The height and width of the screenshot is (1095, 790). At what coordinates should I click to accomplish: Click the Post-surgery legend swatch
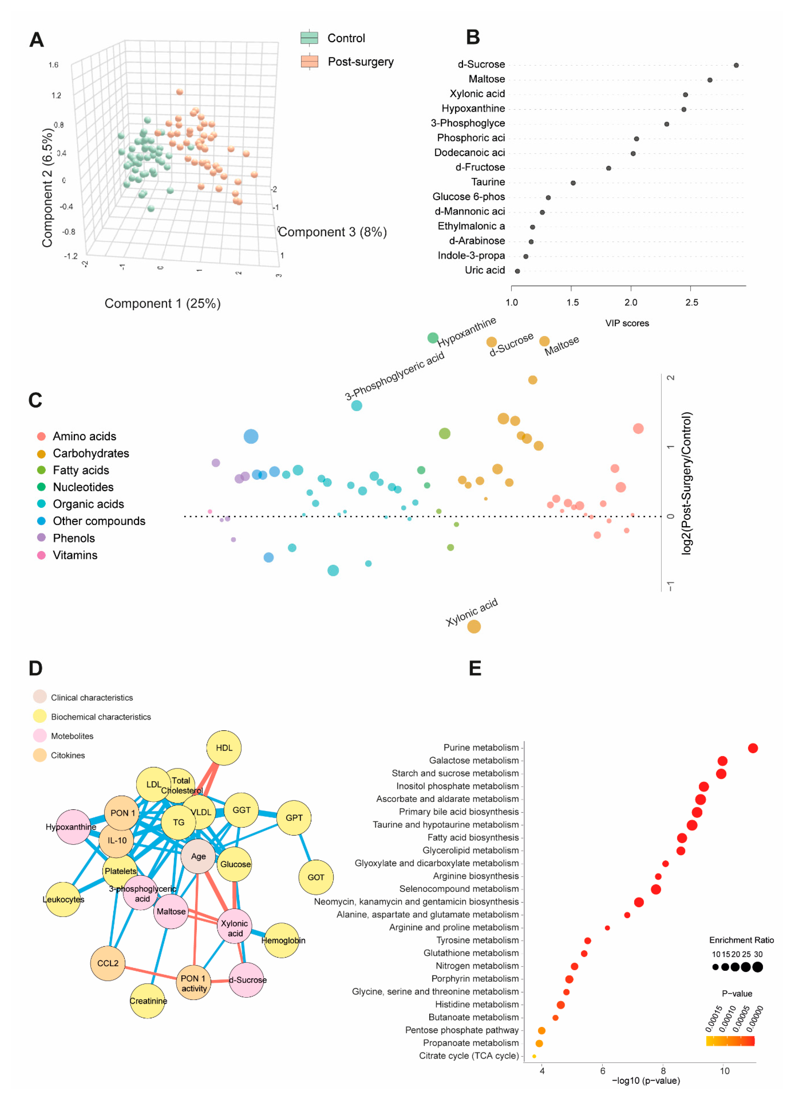(x=309, y=62)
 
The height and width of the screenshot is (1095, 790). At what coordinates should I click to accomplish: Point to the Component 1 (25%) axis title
(x=163, y=304)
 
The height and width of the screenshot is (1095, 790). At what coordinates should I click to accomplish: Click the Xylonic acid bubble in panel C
(x=474, y=627)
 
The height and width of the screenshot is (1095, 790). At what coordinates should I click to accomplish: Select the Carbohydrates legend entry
(x=91, y=453)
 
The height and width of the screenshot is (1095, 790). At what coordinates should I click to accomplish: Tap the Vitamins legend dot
(x=41, y=555)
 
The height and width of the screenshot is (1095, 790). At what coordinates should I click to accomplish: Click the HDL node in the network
(x=224, y=748)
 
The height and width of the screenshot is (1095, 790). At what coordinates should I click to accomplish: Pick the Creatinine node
(x=148, y=1001)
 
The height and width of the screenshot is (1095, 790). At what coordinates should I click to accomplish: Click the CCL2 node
(x=108, y=963)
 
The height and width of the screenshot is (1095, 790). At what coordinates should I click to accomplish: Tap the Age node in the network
(x=198, y=856)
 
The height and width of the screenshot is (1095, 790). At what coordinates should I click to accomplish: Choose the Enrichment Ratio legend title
(x=741, y=940)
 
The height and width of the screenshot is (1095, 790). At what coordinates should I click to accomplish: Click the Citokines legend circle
(x=40, y=755)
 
